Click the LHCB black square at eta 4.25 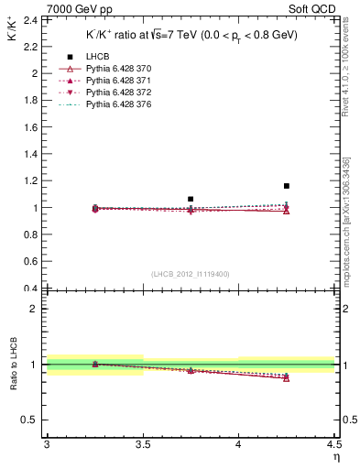coord(287,186)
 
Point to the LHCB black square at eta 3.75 coord(191,199)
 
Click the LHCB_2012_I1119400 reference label coord(191,274)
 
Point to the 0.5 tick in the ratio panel coord(30,420)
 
